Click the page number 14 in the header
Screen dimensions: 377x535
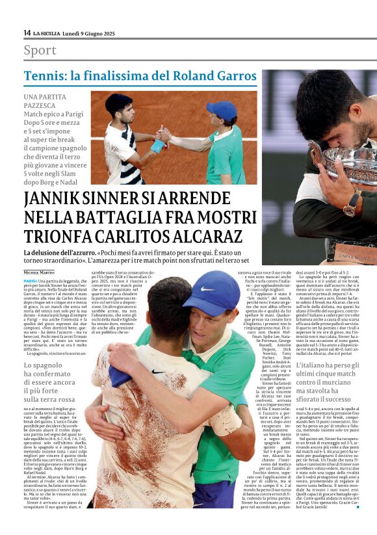[27, 33]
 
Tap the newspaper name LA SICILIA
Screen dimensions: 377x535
[47, 33]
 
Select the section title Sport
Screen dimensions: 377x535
[40, 50]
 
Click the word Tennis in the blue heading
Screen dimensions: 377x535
[45, 76]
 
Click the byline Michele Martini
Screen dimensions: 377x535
[40, 272]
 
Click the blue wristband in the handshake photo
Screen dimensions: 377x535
[157, 146]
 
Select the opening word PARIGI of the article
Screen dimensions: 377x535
[30, 281]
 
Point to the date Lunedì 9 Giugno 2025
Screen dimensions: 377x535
[91, 33]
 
